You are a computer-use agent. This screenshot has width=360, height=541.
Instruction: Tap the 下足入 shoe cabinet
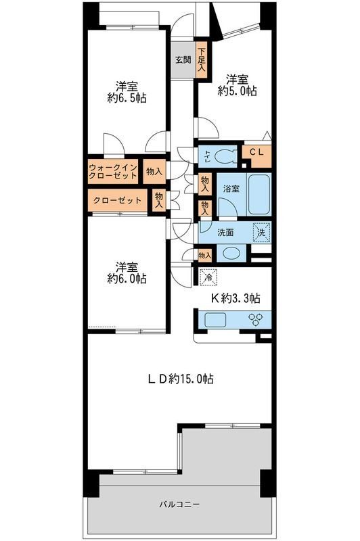click(x=202, y=60)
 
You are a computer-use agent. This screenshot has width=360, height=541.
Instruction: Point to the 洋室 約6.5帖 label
click(x=126, y=93)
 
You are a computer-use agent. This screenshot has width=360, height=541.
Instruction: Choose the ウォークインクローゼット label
click(x=113, y=172)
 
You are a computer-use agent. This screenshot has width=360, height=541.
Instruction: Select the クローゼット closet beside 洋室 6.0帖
click(x=116, y=200)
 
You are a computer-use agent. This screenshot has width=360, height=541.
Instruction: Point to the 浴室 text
click(x=231, y=189)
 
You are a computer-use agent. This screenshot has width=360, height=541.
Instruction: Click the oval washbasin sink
click(x=231, y=254)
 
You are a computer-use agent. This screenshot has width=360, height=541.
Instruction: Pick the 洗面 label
click(x=226, y=232)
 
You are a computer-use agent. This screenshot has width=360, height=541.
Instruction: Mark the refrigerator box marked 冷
click(x=209, y=276)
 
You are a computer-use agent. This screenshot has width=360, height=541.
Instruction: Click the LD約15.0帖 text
click(x=181, y=379)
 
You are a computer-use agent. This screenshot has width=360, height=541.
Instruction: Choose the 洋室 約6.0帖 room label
click(x=126, y=273)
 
